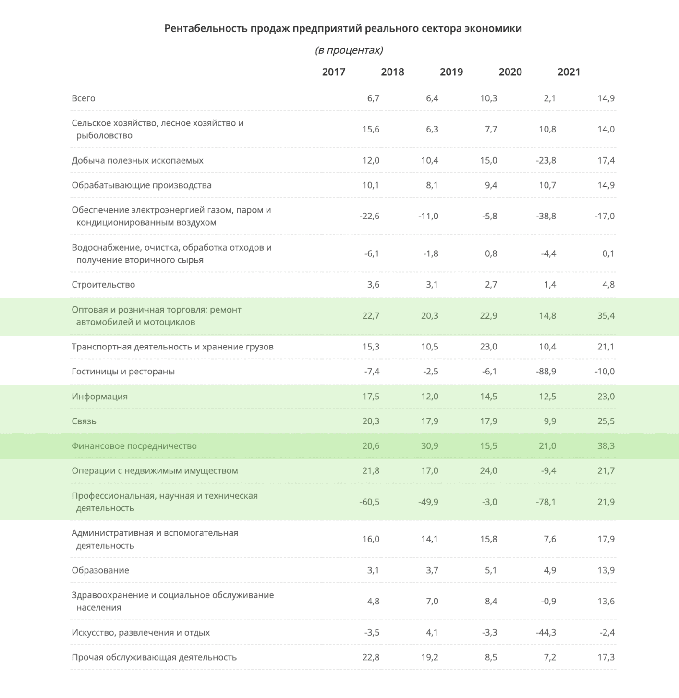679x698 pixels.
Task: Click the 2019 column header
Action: (451, 72)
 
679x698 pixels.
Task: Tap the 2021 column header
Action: (569, 72)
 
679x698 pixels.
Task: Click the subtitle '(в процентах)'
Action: (349, 50)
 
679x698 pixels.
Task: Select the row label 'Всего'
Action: (83, 98)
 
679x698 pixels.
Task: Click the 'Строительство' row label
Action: (103, 285)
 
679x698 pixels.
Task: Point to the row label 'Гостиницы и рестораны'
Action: (123, 371)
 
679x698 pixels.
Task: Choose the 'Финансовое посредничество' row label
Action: (134, 446)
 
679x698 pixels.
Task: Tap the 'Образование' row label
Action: (100, 570)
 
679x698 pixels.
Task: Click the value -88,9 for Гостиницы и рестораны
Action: (546, 371)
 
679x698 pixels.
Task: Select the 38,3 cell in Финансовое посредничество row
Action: (606, 446)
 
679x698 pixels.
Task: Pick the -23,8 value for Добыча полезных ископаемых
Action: (546, 160)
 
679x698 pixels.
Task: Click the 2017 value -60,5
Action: (369, 502)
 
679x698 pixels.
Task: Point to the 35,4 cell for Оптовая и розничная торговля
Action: (606, 316)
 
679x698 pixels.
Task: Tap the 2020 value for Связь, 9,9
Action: (550, 421)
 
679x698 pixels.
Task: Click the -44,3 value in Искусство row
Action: (546, 632)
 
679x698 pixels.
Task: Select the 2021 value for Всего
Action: (606, 98)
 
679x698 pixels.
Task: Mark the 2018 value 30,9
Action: (430, 446)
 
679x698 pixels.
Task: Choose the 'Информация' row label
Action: (100, 397)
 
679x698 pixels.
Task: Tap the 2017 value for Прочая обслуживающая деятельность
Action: (371, 657)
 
